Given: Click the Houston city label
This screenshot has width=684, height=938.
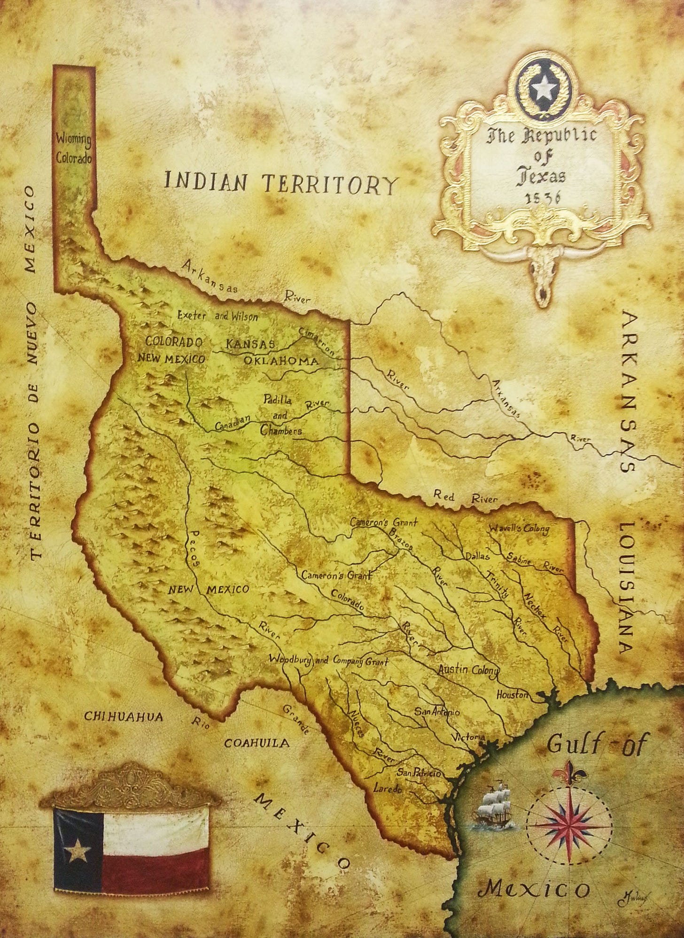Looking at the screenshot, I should coord(513,695).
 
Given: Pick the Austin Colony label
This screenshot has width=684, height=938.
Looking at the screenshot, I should coord(467,670).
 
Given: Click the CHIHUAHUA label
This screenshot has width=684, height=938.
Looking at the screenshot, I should coord(124,717).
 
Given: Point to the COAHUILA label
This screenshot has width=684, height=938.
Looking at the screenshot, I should coord(256,743).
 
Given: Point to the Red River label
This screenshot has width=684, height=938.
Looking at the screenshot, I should coord(465,496).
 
